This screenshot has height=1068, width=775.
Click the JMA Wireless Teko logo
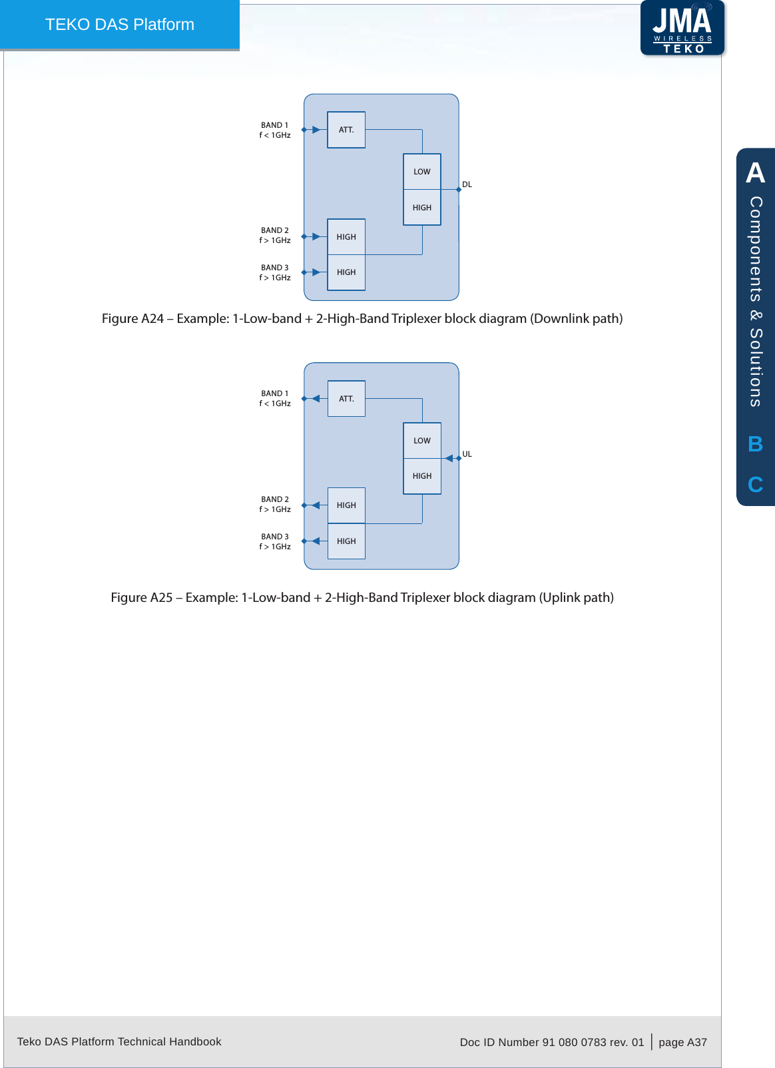tap(682, 28)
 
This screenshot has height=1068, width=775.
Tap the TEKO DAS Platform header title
tap(120, 25)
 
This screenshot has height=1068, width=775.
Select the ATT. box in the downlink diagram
tap(346, 130)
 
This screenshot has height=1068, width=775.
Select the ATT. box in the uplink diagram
tap(346, 399)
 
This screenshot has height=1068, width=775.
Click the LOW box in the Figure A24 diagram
tap(422, 172)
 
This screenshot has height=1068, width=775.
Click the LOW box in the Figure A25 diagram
tap(422, 441)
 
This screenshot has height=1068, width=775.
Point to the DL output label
tap(467, 184)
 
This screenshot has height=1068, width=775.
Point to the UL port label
tap(467, 454)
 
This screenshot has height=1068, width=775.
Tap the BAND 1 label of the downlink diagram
tap(274, 125)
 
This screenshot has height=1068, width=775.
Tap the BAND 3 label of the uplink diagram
tap(274, 537)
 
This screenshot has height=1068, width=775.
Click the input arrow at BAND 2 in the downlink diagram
tap(316, 236)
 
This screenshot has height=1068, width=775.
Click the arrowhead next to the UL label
tap(449, 458)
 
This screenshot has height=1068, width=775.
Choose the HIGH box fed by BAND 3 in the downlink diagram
tap(346, 272)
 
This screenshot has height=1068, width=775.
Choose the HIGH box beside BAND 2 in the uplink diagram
tap(346, 505)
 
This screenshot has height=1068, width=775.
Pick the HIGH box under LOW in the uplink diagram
tap(422, 476)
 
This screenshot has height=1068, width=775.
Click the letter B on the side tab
tap(755, 444)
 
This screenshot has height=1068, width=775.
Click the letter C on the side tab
tap(755, 485)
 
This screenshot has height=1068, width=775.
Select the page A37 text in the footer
tap(682, 1042)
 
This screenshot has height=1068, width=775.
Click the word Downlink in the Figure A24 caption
tap(561, 319)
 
